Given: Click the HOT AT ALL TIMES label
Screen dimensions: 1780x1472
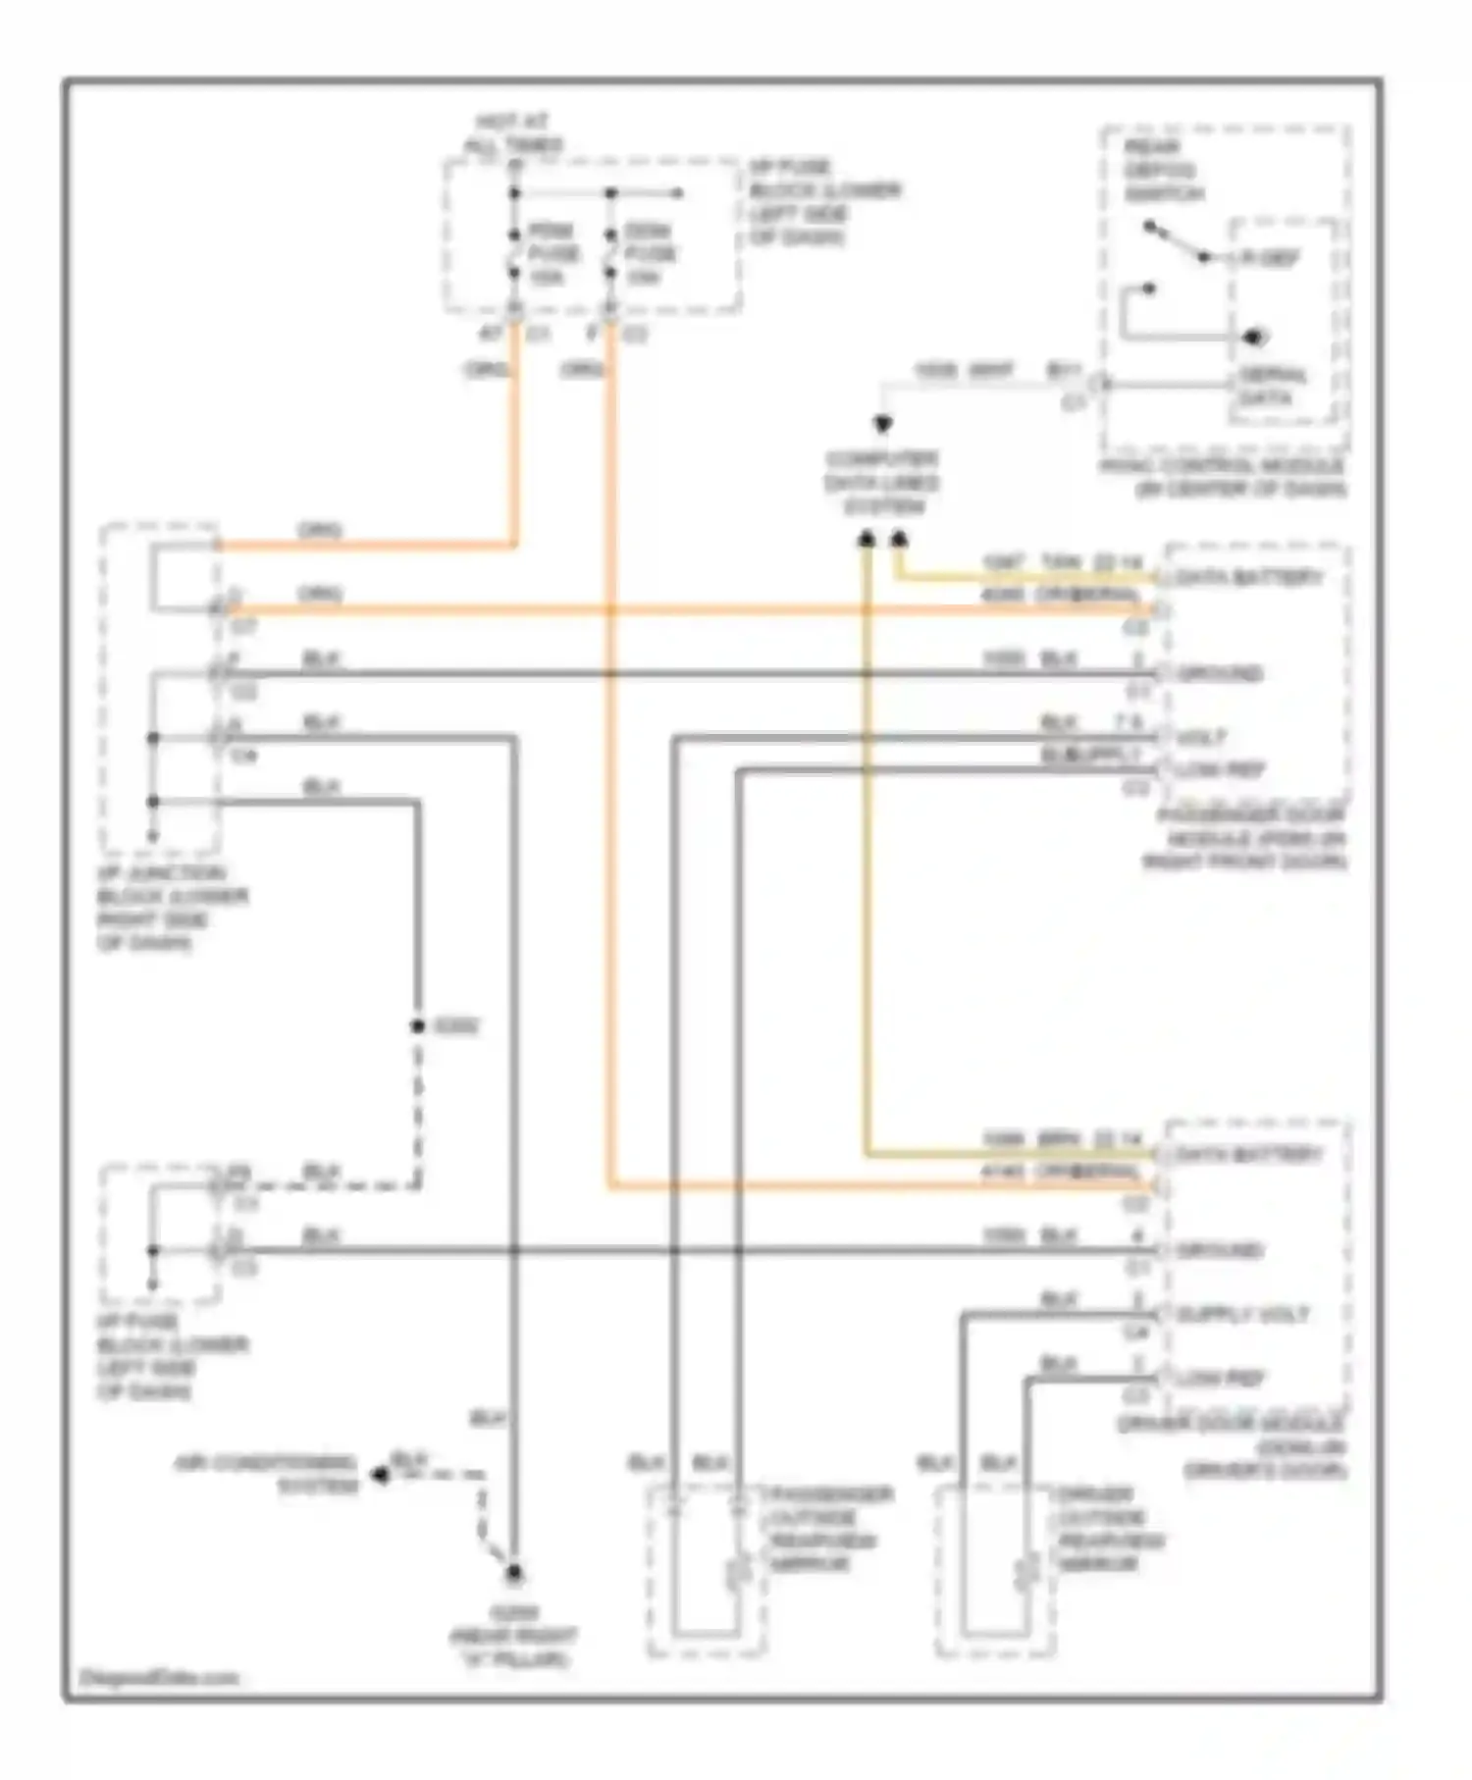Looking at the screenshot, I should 512,133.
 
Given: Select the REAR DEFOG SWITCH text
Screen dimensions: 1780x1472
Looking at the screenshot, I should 1163,171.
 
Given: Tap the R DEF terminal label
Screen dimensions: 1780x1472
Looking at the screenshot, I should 1271,258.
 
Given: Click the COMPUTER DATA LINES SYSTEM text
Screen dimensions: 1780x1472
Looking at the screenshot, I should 881,483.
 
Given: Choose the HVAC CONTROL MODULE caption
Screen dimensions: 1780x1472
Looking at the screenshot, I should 1223,477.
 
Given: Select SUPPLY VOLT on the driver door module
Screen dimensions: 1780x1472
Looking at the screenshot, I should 1242,1315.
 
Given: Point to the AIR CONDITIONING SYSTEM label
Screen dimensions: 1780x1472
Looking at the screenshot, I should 266,1475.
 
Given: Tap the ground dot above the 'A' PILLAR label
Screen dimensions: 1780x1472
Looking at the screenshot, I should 513,1574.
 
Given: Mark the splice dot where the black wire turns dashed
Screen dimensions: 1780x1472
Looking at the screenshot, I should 417,1026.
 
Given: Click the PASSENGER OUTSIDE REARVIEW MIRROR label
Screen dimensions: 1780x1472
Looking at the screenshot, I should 827,1528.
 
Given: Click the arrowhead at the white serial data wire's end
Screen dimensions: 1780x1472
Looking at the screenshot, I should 882,425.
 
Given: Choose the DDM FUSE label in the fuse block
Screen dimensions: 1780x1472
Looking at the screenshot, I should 649,254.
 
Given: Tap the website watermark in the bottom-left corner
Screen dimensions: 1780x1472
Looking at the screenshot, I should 158,1677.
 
